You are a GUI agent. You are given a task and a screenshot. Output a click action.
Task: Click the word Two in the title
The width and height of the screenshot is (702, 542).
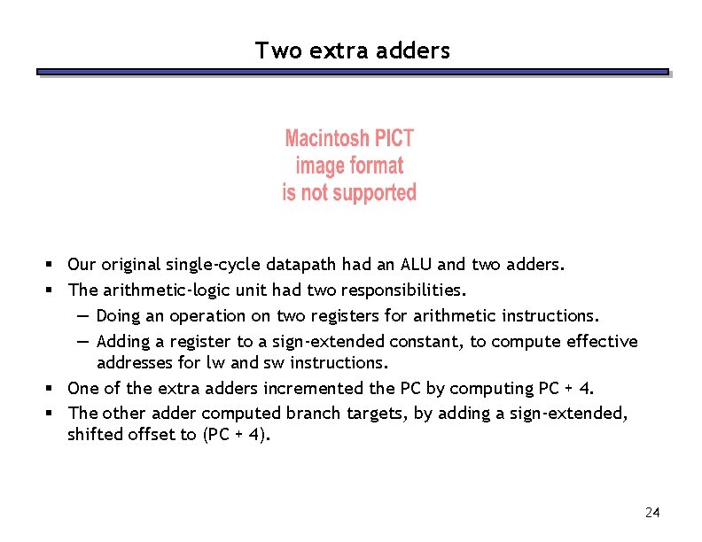[271, 51]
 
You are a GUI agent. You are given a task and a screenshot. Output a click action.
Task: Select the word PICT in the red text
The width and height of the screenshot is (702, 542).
[394, 139]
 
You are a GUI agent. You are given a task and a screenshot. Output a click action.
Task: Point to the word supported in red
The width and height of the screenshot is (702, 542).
[372, 193]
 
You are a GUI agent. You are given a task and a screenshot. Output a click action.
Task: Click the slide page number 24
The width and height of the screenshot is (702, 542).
[653, 512]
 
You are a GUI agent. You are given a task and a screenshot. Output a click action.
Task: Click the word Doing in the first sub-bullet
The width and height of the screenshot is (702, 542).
[120, 315]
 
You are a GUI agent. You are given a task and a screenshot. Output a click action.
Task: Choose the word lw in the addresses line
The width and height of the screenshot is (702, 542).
[214, 362]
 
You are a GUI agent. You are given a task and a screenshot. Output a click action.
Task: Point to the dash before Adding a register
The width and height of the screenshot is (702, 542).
[82, 341]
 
